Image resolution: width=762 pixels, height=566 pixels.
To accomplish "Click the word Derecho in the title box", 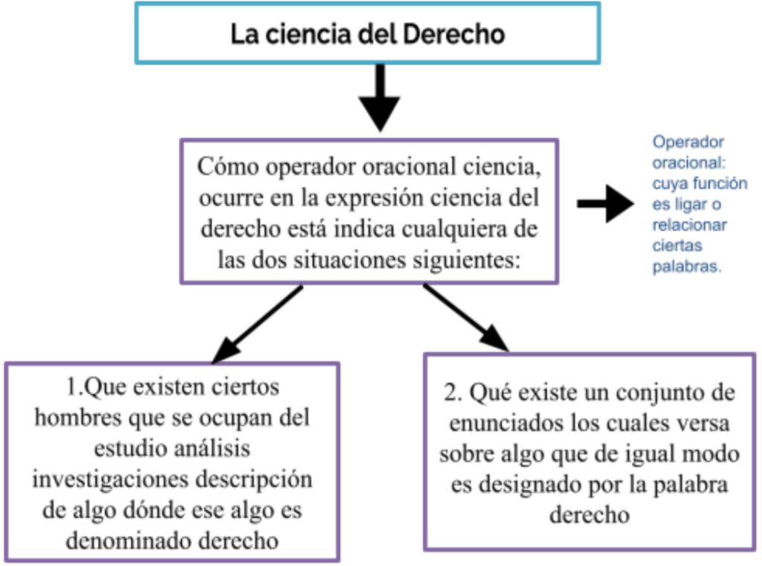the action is tap(453, 34).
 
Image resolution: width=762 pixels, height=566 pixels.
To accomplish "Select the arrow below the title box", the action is tap(380, 98).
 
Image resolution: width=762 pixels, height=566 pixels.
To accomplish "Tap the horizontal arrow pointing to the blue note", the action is tap(606, 204).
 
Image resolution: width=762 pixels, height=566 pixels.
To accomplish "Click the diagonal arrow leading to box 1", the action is tap(257, 324).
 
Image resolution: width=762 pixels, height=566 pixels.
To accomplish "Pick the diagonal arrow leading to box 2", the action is tap(466, 317).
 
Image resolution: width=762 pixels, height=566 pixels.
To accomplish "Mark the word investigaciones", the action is tap(110, 480).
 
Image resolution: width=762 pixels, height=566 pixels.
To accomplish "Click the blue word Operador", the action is tap(688, 142).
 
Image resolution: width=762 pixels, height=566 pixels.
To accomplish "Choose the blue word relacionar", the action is tap(689, 225).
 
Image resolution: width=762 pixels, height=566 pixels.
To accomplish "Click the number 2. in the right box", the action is tap(452, 392).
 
